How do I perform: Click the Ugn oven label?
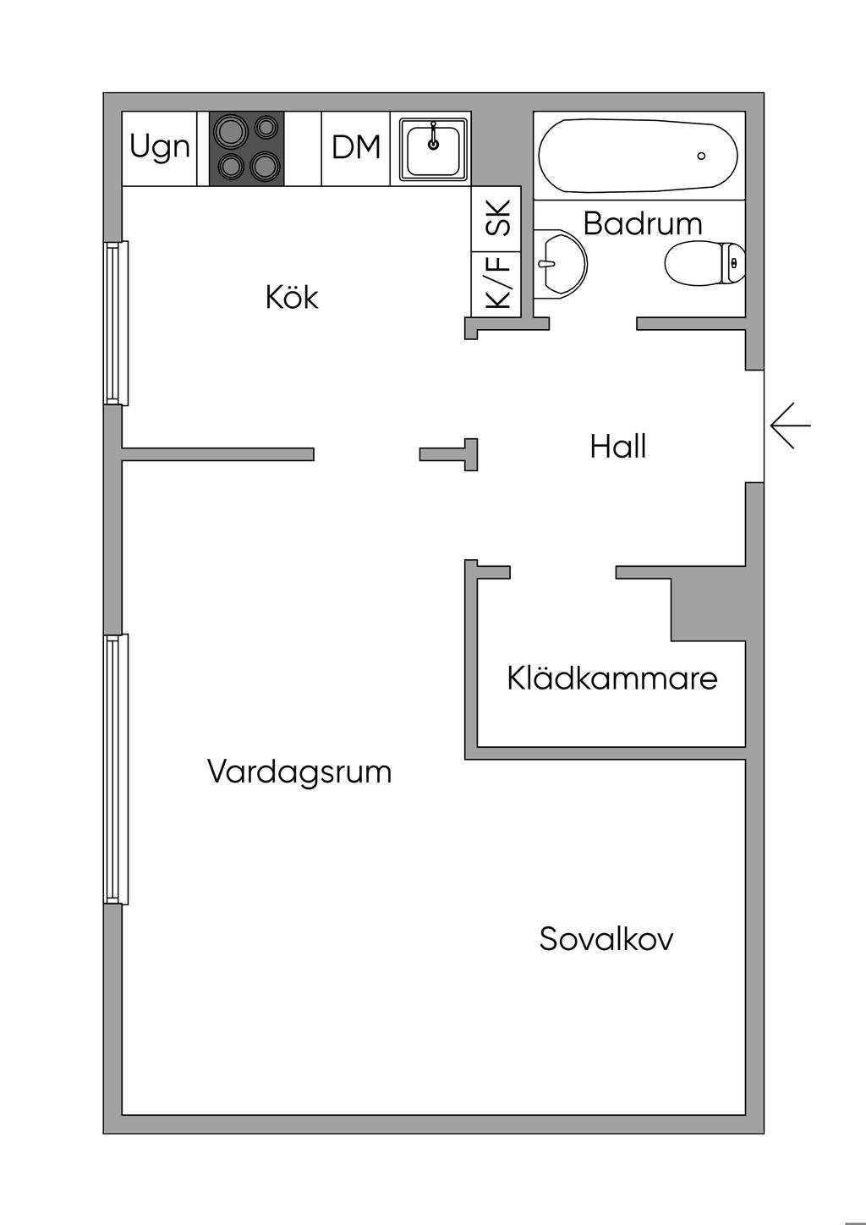[x=159, y=148]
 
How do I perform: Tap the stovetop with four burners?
[x=247, y=149]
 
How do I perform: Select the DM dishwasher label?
[x=356, y=148]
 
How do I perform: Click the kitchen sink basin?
[x=434, y=149]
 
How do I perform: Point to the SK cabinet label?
[x=497, y=217]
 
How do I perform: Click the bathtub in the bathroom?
[x=639, y=155]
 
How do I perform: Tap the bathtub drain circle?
[x=701, y=156]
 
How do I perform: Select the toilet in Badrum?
[x=704, y=264]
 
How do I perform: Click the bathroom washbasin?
[x=559, y=262]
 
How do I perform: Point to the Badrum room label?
[x=643, y=223]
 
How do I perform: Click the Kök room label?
[x=292, y=298]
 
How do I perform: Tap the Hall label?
[x=618, y=447]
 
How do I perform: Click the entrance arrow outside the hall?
[x=790, y=426]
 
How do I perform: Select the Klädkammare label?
[x=612, y=678]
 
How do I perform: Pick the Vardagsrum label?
[x=299, y=772]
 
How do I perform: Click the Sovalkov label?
[x=606, y=939]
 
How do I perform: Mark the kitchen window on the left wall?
[x=116, y=322]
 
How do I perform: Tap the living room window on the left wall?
[x=116, y=768]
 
